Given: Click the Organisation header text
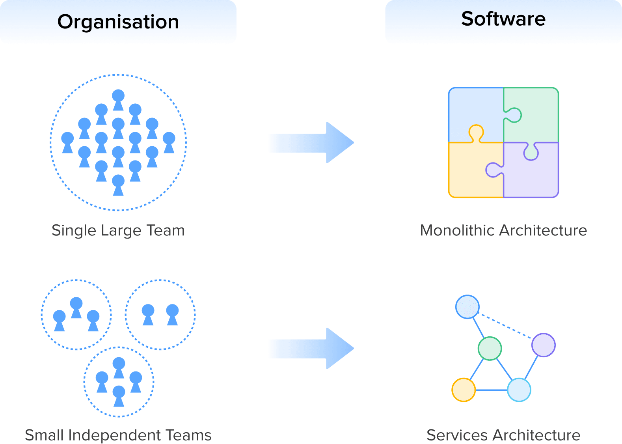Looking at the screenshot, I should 118,22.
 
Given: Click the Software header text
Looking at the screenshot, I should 503,19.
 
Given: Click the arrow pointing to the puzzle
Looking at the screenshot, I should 311,143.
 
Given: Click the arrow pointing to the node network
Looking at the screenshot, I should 311,349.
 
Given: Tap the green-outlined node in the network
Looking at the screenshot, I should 490,349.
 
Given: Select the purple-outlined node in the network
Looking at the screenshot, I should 544,345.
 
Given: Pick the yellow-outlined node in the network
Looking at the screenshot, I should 464,390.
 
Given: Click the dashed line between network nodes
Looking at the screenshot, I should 506,326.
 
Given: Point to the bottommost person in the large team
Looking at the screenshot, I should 118,185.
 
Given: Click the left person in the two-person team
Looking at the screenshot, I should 148,314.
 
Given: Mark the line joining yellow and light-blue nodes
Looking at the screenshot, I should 491,390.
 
